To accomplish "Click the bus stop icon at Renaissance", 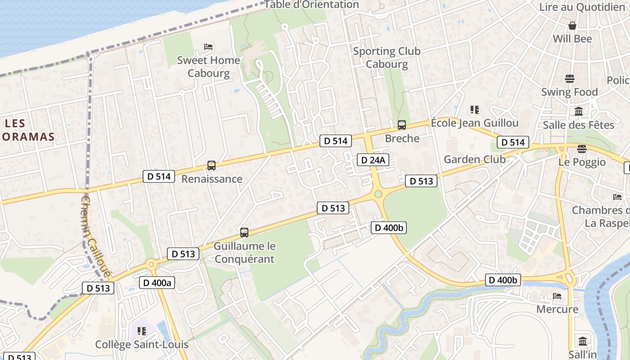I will click(x=211, y=166).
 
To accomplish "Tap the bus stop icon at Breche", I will click(x=401, y=125).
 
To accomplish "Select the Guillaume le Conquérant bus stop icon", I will click(x=244, y=233).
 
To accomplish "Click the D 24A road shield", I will click(x=373, y=160).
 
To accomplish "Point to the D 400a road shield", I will click(x=157, y=283).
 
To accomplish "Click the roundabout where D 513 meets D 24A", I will click(x=378, y=194).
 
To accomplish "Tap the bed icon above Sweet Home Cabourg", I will click(x=208, y=47).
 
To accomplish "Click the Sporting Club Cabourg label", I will click(x=387, y=57).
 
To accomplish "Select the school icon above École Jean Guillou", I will click(x=474, y=109).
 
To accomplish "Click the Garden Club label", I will click(x=474, y=159).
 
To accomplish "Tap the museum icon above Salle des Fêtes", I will click(x=579, y=111).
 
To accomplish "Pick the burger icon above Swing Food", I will click(x=569, y=79).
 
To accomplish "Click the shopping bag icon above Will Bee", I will click(x=572, y=26).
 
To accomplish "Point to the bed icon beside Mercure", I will click(x=557, y=296).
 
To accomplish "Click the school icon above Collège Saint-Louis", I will click(x=142, y=332).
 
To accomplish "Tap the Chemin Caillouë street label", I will click(x=95, y=236).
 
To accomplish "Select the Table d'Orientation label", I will click(x=311, y=5).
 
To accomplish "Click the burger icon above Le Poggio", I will click(x=582, y=148).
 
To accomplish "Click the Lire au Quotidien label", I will click(x=582, y=7).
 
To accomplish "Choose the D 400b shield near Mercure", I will click(x=503, y=280).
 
